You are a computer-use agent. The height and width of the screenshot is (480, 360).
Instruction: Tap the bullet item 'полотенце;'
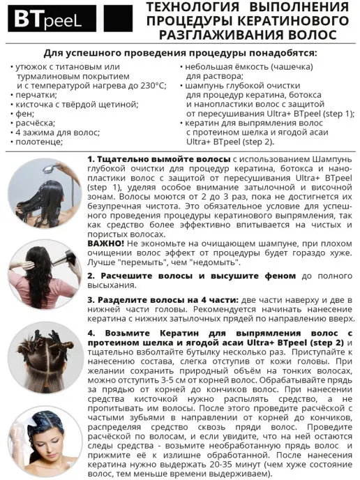click(41, 141)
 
